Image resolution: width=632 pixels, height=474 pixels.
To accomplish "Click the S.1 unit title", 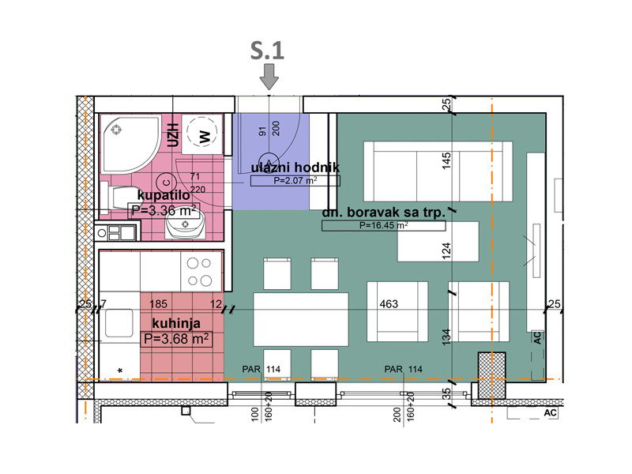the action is pyautogui.click(x=267, y=51).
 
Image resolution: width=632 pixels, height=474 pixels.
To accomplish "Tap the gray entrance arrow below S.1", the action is pyautogui.click(x=269, y=77).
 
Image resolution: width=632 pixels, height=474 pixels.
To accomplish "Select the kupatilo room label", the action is pyautogui.click(x=164, y=195).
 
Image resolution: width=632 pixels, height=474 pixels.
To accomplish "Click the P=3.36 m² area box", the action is pyautogui.click(x=164, y=210).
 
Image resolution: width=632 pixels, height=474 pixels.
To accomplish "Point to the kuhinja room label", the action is pyautogui.click(x=176, y=323).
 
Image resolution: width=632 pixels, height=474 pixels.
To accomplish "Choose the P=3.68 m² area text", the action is pyautogui.click(x=176, y=339).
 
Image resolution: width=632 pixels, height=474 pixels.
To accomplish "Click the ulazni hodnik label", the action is pyautogui.click(x=295, y=167).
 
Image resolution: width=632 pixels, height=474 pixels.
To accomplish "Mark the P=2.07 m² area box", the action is pyautogui.click(x=295, y=181).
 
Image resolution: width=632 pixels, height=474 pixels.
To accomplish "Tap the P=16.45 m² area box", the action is pyautogui.click(x=383, y=225).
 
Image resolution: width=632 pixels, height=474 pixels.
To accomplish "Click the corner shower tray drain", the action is pyautogui.click(x=117, y=130).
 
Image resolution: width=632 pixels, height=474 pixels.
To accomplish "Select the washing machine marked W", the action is pyautogui.click(x=202, y=134).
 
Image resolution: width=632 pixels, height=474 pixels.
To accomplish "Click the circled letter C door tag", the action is pyautogui.click(x=166, y=182).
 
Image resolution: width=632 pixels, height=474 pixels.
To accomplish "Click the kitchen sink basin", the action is pyautogui.click(x=119, y=322).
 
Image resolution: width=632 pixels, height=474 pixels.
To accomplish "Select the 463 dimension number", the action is pyautogui.click(x=389, y=304).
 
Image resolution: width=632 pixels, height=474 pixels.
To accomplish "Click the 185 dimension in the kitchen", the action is pyautogui.click(x=158, y=304).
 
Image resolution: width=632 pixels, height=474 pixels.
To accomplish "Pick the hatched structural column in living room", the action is pyautogui.click(x=491, y=376).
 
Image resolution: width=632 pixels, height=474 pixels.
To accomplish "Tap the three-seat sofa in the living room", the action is pyautogui.click(x=438, y=171).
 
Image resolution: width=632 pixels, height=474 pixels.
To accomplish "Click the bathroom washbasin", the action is pyautogui.click(x=185, y=225).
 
